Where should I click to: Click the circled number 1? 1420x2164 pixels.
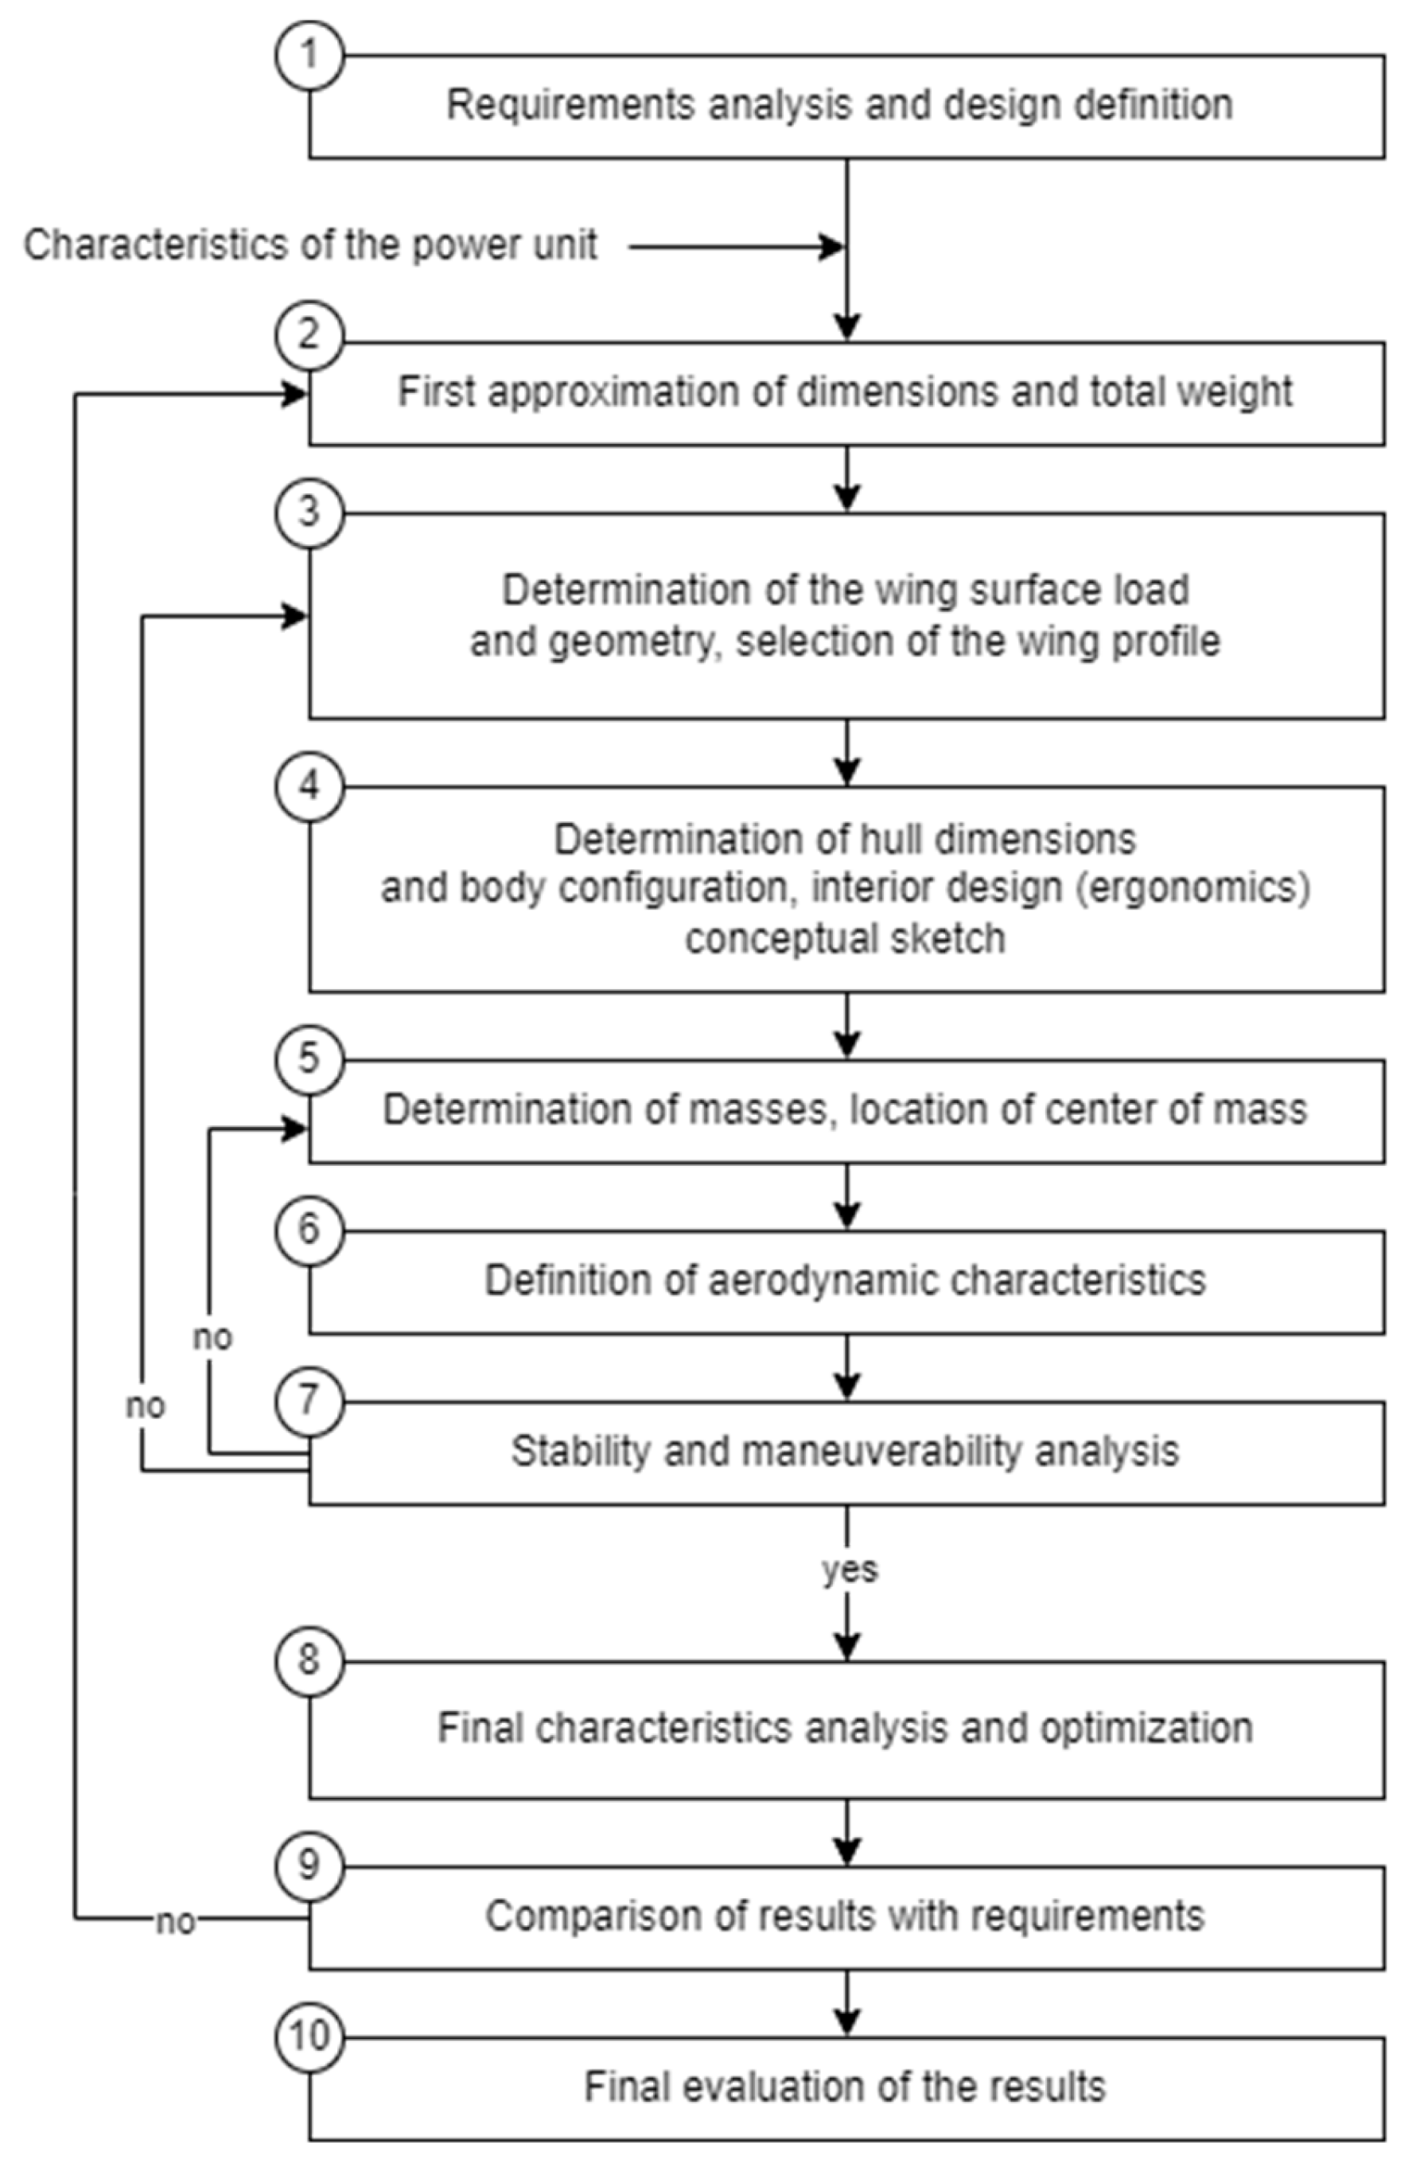[x=310, y=55]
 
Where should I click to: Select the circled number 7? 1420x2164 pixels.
[x=310, y=1401]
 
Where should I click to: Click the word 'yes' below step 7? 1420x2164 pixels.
[x=849, y=1570]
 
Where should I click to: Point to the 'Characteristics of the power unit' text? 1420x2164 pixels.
[x=310, y=245]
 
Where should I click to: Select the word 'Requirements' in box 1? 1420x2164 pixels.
[x=570, y=106]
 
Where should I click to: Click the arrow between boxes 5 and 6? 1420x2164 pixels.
[x=847, y=1199]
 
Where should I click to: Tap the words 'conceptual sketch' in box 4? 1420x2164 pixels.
[x=845, y=938]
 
